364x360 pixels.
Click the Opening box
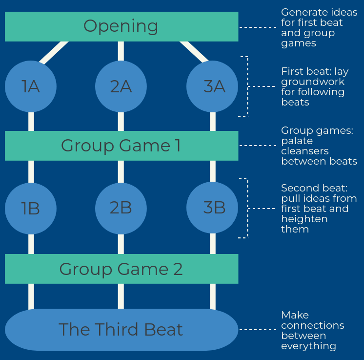(121, 26)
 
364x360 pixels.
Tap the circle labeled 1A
(31, 86)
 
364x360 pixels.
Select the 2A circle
(121, 86)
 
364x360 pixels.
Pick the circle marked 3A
(213, 86)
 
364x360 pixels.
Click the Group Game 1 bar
(121, 146)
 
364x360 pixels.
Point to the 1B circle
(31, 208)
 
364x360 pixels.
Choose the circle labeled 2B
(121, 208)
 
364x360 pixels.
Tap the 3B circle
(213, 208)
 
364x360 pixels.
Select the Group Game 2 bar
(121, 269)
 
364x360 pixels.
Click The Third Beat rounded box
(121, 330)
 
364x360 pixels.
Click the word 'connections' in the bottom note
(312, 325)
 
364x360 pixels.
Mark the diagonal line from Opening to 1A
(54, 52)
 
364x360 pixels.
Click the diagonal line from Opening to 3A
(193, 51)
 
